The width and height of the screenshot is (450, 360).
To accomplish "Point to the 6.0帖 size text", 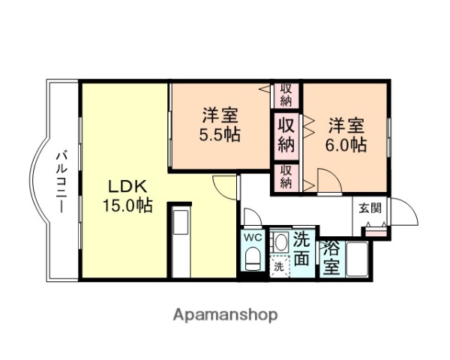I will (x=346, y=144).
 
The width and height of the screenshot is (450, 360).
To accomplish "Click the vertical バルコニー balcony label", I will (x=63, y=181).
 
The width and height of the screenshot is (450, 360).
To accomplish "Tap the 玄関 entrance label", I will (x=369, y=208).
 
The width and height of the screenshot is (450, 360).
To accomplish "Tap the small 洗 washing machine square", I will (x=278, y=266).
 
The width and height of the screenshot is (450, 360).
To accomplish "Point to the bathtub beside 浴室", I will (x=357, y=259).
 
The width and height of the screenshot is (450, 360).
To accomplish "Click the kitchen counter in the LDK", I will (x=180, y=240).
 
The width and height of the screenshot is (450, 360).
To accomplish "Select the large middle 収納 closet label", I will (x=286, y=133).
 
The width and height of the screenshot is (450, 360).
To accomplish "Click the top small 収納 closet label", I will (x=286, y=95).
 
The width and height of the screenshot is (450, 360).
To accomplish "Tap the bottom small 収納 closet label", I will (x=286, y=177).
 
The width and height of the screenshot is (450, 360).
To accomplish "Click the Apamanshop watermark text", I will (x=226, y=314).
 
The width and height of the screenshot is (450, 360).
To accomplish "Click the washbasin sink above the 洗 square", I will (x=280, y=242).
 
